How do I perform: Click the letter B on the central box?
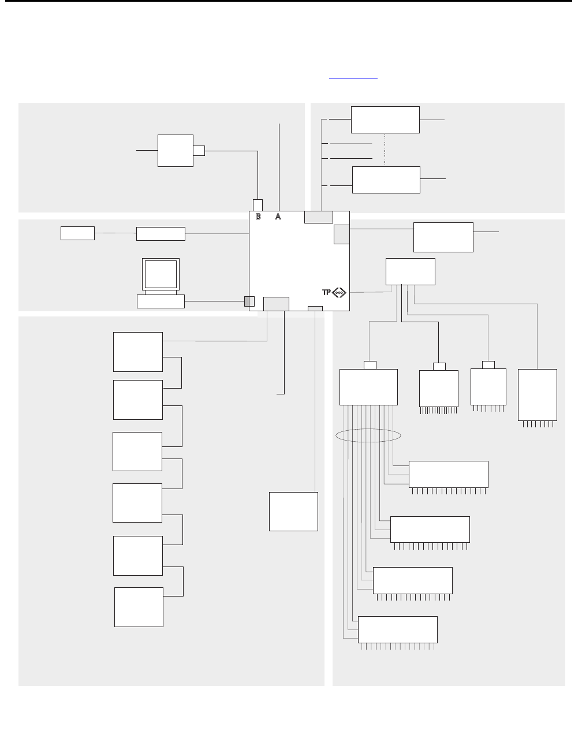coord(258,217)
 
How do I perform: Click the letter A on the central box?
coord(278,217)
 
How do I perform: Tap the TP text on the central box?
coord(327,293)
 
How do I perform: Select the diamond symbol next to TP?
coord(339,293)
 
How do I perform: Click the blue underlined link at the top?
coord(353,77)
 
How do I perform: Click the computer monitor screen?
coord(161,274)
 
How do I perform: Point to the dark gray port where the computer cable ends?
coord(249,301)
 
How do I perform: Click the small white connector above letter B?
coord(258,205)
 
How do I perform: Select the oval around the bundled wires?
coord(368,435)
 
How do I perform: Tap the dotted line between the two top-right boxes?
coord(385,150)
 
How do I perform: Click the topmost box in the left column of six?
coord(138,352)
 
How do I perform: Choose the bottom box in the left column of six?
coord(139,607)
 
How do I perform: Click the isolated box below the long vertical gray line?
coord(293,511)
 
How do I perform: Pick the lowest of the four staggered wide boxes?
coord(397,629)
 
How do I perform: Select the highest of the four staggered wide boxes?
coord(448,474)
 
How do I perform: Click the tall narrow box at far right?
coord(538,394)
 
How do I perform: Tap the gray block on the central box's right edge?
coord(341,234)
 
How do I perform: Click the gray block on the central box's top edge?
coord(319,217)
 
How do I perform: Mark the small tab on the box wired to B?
coord(199,151)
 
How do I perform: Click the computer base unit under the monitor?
coord(161,301)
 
